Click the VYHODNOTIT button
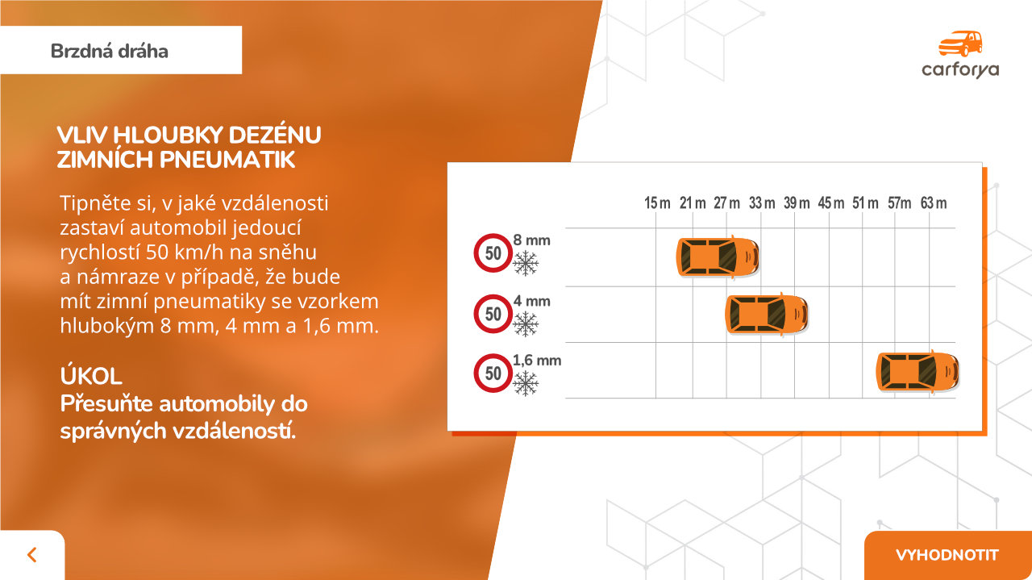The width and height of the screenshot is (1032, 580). [x=947, y=555]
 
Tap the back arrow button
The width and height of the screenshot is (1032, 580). [x=31, y=555]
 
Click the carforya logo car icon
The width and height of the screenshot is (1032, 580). [x=960, y=44]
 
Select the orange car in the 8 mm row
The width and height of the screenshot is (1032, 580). [x=718, y=257]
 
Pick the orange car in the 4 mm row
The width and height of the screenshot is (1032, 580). [x=767, y=314]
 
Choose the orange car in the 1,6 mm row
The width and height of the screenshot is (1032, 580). [x=918, y=372]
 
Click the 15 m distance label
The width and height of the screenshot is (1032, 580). [x=657, y=202]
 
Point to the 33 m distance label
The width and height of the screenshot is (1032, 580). [x=762, y=202]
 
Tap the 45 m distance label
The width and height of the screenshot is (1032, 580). [x=830, y=202]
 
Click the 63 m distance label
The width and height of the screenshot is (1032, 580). [x=934, y=202]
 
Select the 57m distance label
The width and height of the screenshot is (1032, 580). [x=899, y=202]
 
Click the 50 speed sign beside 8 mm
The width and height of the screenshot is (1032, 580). [x=493, y=253]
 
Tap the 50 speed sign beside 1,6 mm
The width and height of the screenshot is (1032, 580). [x=493, y=373]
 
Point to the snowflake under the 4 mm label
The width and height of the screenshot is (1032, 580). [x=525, y=323]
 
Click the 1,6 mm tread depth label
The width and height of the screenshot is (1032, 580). [x=537, y=360]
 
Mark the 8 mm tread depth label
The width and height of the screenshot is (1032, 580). [x=531, y=240]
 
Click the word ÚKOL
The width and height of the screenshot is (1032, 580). [x=91, y=376]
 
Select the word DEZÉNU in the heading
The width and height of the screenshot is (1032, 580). [x=275, y=135]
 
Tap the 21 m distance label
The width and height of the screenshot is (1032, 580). [x=693, y=202]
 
